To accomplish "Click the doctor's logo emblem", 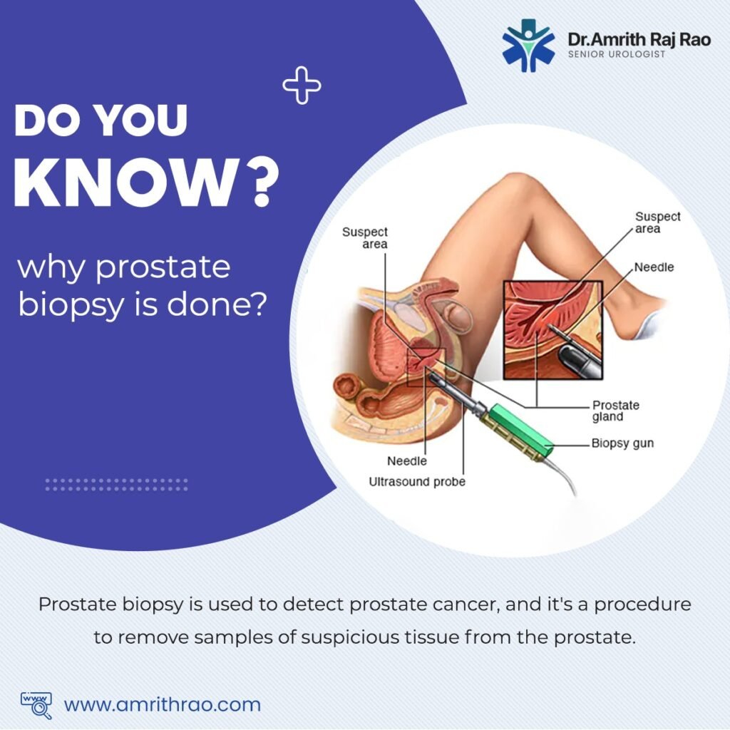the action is [528, 45].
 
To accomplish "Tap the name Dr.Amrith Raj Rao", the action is [639, 39].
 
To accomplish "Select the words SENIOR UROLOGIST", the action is [617, 54].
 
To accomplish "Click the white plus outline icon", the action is [302, 86].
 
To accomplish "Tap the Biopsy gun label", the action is [622, 443].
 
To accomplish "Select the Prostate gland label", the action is [615, 411].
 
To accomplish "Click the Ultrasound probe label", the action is [417, 481].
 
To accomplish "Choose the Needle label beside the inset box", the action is [654, 267].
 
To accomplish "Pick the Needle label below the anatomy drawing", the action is [407, 461].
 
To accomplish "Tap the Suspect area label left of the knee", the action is [365, 238].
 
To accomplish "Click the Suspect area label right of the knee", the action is [657, 222].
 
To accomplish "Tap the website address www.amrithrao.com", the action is [162, 704].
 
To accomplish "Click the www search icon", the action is [36, 705].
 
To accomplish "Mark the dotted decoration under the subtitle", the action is [117, 485].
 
